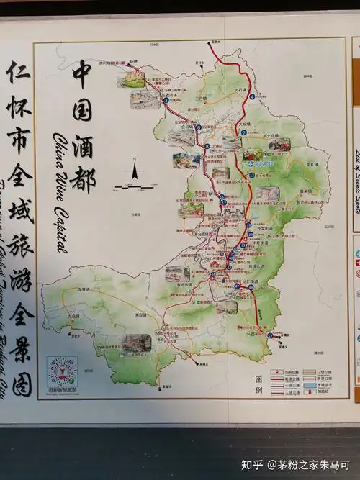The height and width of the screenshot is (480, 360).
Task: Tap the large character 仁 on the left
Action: (x=19, y=72)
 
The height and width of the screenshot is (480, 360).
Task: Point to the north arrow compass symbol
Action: (x=134, y=172)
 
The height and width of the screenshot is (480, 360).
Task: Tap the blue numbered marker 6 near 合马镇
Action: (x=207, y=147)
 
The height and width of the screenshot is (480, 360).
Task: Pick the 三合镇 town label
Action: (x=201, y=98)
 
